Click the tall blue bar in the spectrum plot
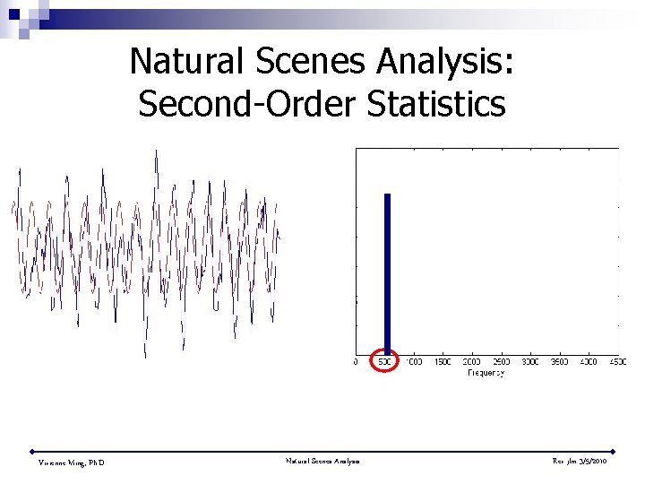pyautogui.click(x=388, y=269)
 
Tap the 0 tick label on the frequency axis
pyautogui.click(x=357, y=362)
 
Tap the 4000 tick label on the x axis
pyautogui.click(x=589, y=362)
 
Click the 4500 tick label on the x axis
pyautogui.click(x=616, y=362)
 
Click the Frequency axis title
pyautogui.click(x=486, y=372)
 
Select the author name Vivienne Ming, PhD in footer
pyautogui.click(x=71, y=462)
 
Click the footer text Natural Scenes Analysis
pyautogui.click(x=322, y=461)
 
